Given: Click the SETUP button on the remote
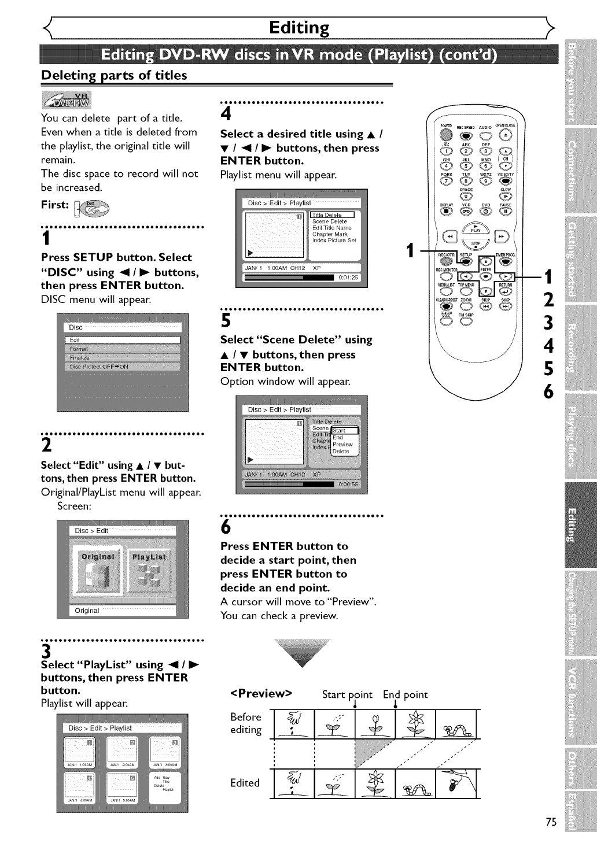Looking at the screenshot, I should [x=466, y=261].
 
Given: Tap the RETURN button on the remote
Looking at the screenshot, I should [x=505, y=291].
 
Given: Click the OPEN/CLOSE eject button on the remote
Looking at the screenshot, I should [x=505, y=135].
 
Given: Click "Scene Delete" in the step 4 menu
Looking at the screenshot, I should [x=330, y=221].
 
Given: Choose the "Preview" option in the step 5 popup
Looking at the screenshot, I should [x=342, y=445].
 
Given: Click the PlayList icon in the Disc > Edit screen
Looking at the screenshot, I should [x=149, y=570].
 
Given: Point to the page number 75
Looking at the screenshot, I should [x=551, y=823].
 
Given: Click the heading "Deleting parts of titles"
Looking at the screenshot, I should [x=114, y=75].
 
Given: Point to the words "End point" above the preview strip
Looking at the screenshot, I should [x=405, y=694].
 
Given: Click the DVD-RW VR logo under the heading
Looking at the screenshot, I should [x=67, y=100].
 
